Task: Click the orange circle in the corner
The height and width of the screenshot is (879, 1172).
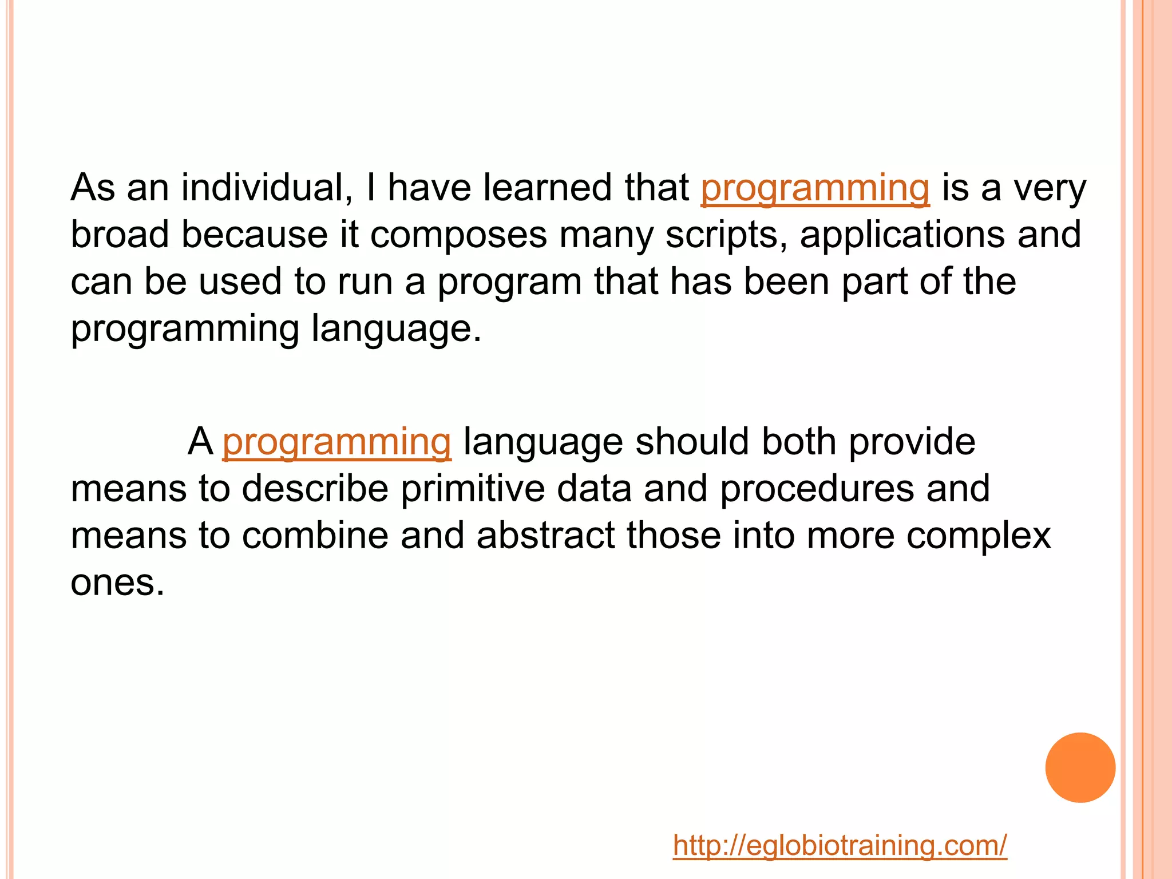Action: point(1080,767)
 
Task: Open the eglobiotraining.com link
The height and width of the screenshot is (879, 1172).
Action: point(840,845)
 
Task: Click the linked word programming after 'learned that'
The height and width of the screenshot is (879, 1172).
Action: point(815,188)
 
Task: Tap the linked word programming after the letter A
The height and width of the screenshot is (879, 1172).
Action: point(336,442)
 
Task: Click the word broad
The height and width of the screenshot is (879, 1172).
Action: point(120,235)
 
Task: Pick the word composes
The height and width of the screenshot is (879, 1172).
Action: point(458,236)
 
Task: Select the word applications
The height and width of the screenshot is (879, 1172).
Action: point(902,236)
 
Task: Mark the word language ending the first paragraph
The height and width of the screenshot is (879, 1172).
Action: point(396,330)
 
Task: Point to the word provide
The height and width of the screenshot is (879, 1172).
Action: point(912,443)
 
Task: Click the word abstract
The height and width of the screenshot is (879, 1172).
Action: point(546,536)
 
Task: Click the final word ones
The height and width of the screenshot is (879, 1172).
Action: point(117,583)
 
